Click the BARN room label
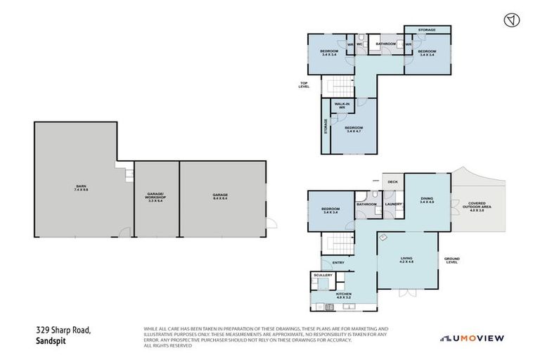(82, 188)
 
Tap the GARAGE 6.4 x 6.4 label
(221, 197)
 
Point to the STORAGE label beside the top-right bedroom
(427, 30)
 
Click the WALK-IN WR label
(342, 105)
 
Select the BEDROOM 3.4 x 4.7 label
(354, 129)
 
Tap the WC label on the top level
(359, 44)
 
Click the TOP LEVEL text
(304, 84)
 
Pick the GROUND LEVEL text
(452, 260)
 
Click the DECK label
(392, 181)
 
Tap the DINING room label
(427, 200)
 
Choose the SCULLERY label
(323, 275)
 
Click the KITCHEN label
(343, 295)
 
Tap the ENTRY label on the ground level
(338, 263)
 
